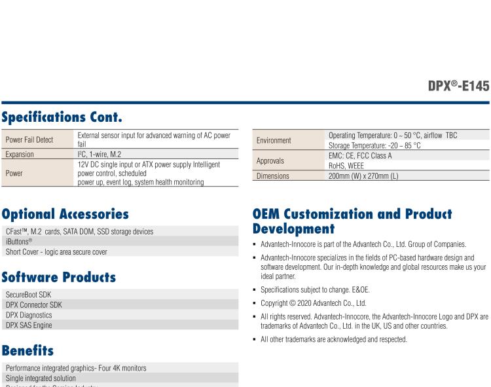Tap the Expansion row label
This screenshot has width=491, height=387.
[23, 154]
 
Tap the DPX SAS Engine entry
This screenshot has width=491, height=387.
[29, 325]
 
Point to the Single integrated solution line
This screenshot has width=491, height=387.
[41, 378]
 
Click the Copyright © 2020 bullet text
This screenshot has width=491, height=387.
[313, 302]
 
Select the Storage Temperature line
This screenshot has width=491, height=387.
[374, 145]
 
